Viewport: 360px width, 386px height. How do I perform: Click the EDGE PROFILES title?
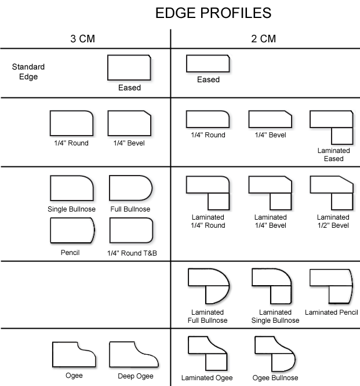pyautogui.click(x=213, y=13)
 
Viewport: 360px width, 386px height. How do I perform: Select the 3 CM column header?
pyautogui.click(x=82, y=39)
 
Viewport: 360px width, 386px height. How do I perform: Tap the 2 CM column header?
pyautogui.click(x=264, y=39)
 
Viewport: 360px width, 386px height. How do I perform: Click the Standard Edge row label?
pyautogui.click(x=28, y=71)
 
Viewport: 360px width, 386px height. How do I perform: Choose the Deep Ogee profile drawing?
pyautogui.click(x=131, y=354)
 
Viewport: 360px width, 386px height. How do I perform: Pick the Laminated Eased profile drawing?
pyautogui.click(x=332, y=127)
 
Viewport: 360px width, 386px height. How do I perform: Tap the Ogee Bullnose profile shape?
pyautogui.click(x=276, y=353)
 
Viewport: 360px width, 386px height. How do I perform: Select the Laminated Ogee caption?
pyautogui.click(x=206, y=378)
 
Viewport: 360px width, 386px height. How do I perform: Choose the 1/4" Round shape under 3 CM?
pyautogui.click(x=71, y=123)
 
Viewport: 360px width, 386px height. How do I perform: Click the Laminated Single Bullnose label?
pyautogui.click(x=275, y=316)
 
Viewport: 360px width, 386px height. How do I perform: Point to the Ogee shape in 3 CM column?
pyautogui.click(x=74, y=354)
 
